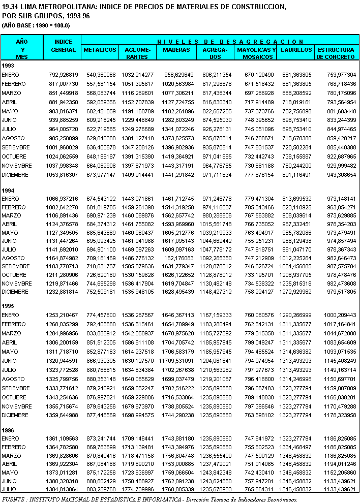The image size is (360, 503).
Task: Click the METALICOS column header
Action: pyautogui.click(x=100, y=50)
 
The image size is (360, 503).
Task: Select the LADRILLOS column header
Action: pyautogui.click(x=296, y=50)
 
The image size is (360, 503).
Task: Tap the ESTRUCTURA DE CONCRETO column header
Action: pyautogui.click(x=335, y=53)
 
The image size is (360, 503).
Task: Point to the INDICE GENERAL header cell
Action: pyautogui.click(x=64, y=46)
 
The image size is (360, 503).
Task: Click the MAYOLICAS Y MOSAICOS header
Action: pyautogui.click(x=256, y=53)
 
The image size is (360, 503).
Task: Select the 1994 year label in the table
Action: pyautogui.click(x=8, y=190)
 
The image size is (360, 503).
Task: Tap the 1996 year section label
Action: pyautogui.click(x=8, y=429)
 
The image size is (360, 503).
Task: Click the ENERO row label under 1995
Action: pyautogui.click(x=10, y=315)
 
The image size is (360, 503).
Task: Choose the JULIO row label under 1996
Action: pyautogui.click(x=10, y=489)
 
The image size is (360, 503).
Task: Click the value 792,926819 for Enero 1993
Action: pyautogui.click(x=64, y=75)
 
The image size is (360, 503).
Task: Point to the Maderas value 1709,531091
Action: pyautogui.click(x=177, y=360)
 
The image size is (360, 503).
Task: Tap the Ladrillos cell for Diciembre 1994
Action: pyautogui.click(x=296, y=292)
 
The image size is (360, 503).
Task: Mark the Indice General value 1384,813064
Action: pyautogui.click(x=64, y=489)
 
